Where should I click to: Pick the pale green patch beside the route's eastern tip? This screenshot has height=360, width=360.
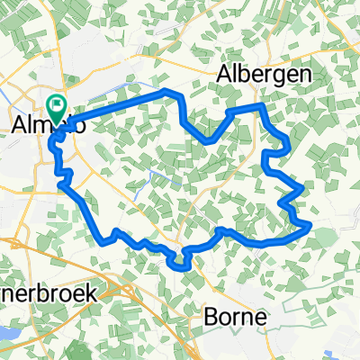click(x=323, y=236)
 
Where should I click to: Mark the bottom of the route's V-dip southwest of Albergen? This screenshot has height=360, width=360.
click(x=209, y=141)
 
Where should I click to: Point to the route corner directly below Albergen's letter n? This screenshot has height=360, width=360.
click(x=262, y=105)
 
